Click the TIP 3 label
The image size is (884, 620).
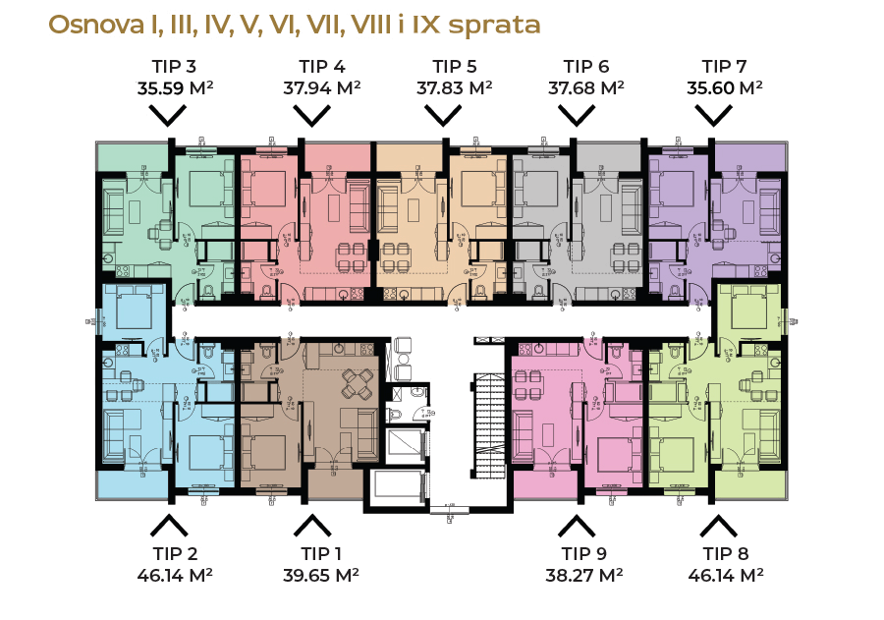(x=175, y=67)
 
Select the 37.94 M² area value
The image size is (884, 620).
(x=322, y=87)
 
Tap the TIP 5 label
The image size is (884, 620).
(x=455, y=67)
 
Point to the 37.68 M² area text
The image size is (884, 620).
(x=586, y=87)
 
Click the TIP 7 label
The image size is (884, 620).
(x=725, y=67)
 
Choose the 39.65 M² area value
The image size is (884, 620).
(x=322, y=575)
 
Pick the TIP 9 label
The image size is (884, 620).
(x=583, y=554)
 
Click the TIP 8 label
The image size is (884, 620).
(x=725, y=554)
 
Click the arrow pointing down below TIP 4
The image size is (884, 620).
(x=312, y=115)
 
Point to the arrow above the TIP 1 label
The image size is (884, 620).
(x=312, y=525)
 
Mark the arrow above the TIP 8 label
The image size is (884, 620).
(x=718, y=525)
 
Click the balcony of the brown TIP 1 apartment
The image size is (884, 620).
(x=335, y=483)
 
